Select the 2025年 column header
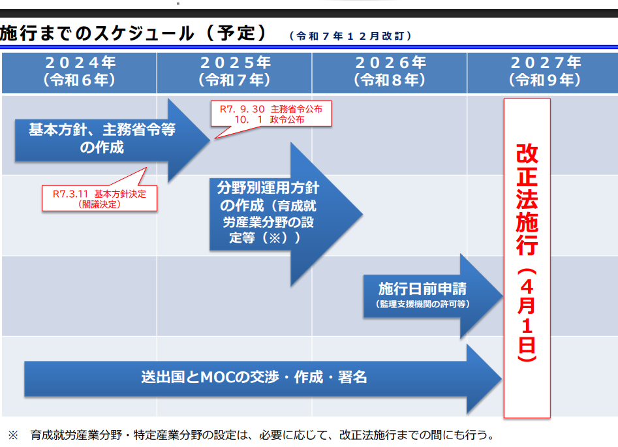(234, 71)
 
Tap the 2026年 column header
(390, 71)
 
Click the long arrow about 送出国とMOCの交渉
(254, 377)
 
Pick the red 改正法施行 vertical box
(527, 258)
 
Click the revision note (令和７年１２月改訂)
(350, 37)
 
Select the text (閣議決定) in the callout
(100, 204)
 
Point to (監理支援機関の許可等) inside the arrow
(422, 304)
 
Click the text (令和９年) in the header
(545, 80)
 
